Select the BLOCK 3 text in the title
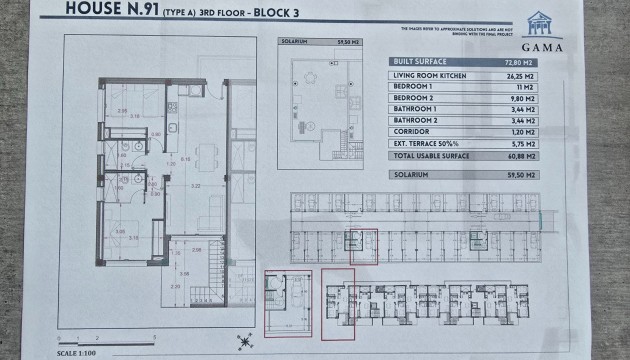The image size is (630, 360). tap(285, 13)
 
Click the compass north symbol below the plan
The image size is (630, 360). tap(241, 336)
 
